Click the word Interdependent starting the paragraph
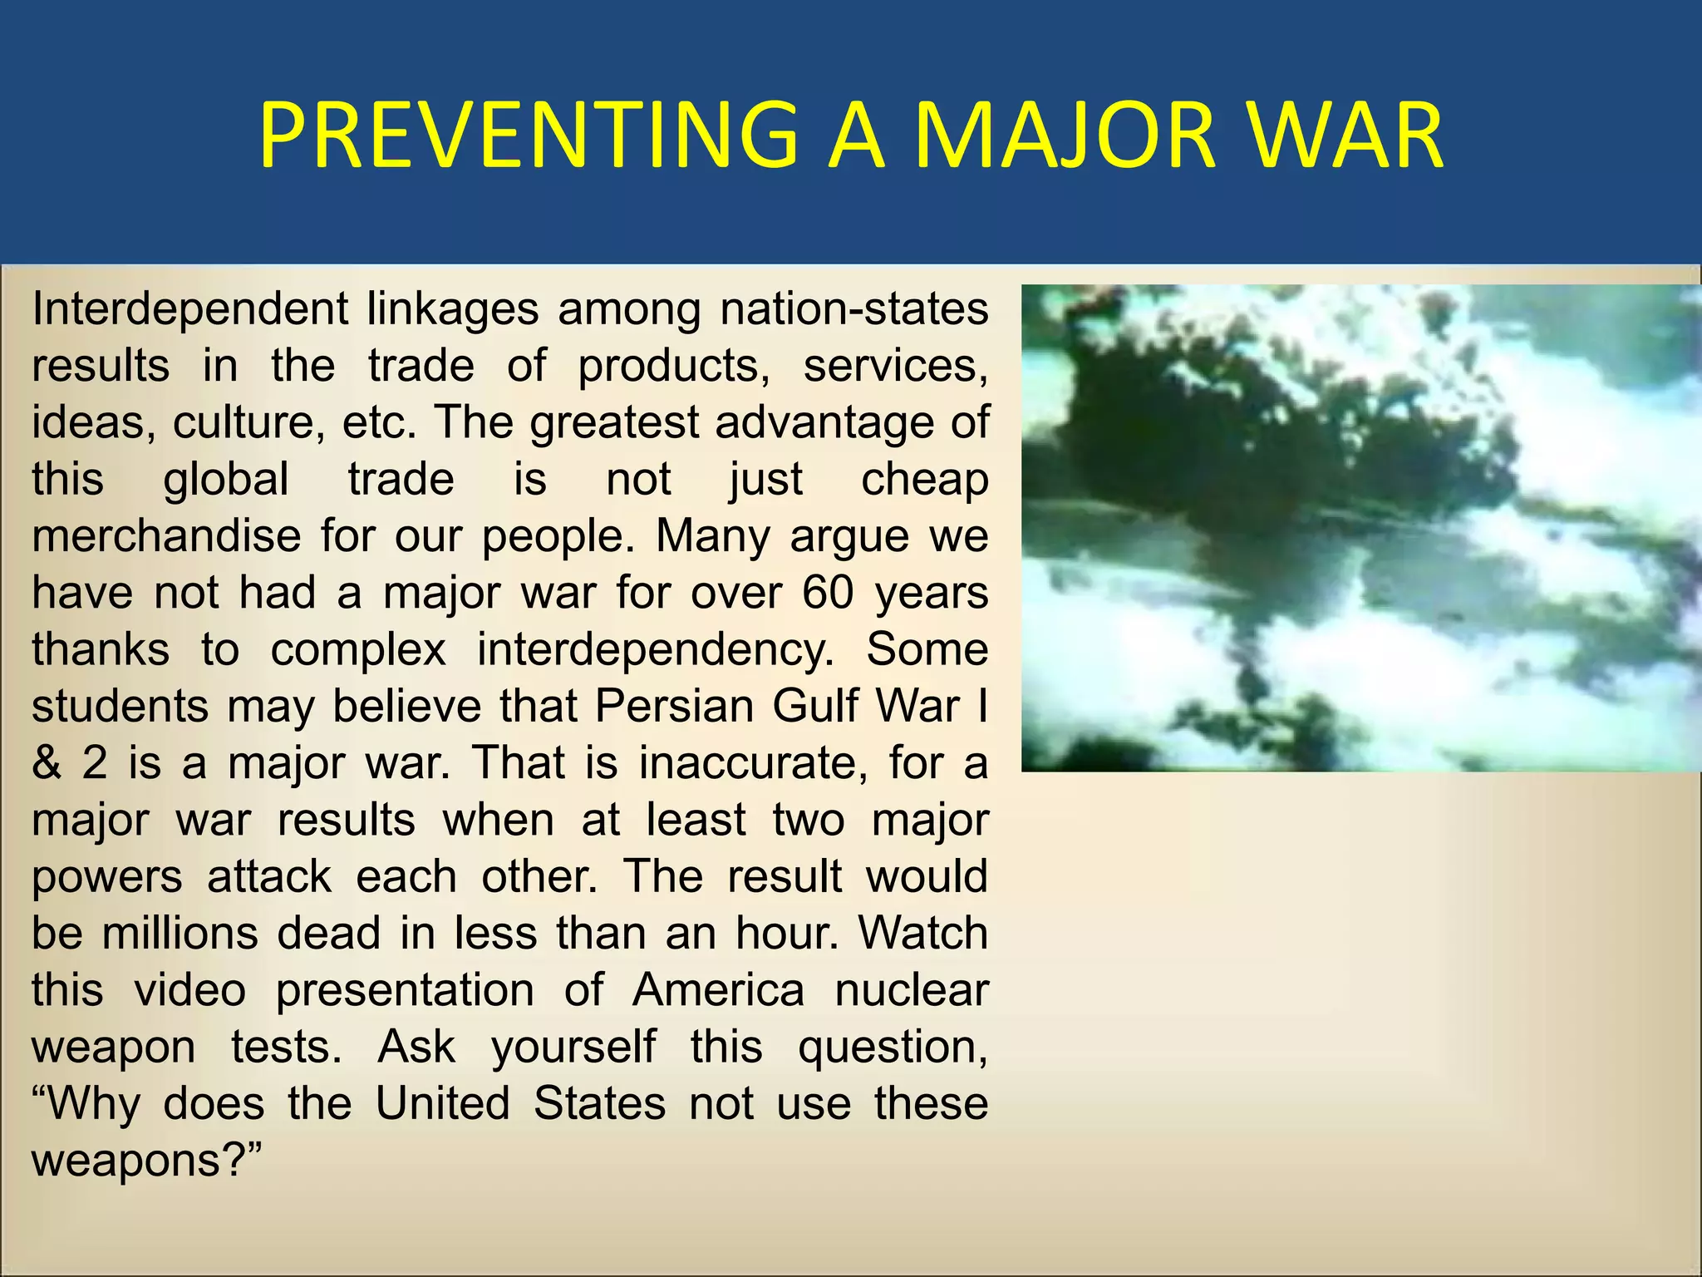pyautogui.click(x=189, y=309)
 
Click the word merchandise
pyautogui.click(x=166, y=536)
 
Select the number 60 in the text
pyautogui.click(x=828, y=593)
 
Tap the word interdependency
pyautogui.click(x=655, y=650)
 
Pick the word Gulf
pyautogui.click(x=818, y=707)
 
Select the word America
pyautogui.click(x=718, y=990)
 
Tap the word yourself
pyautogui.click(x=573, y=1047)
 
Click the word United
pyautogui.click(x=442, y=1103)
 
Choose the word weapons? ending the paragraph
pyautogui.click(x=146, y=1161)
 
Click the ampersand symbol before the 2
pyautogui.click(x=47, y=763)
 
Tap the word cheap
pyautogui.click(x=924, y=480)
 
